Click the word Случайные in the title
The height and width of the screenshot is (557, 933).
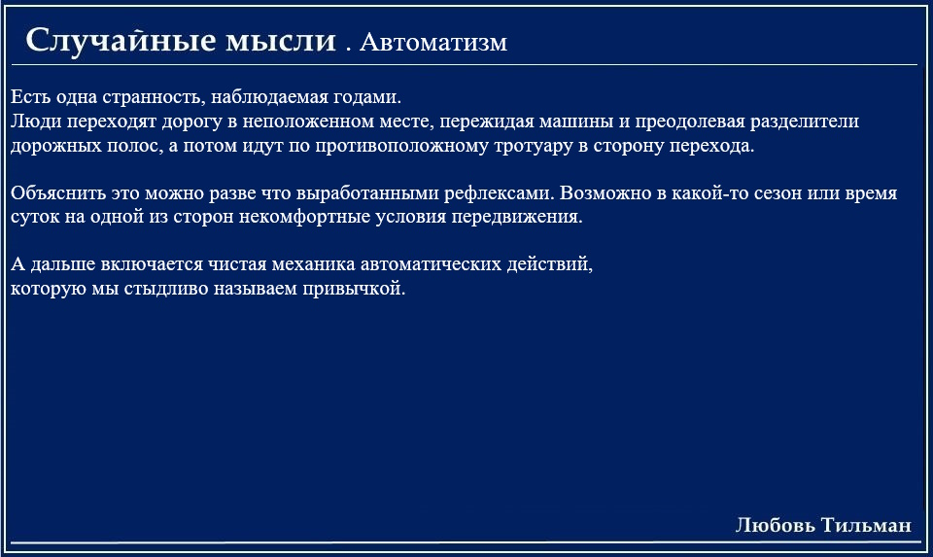[121, 41]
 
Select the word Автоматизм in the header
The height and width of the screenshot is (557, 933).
[433, 42]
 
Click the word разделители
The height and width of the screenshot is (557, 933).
[804, 122]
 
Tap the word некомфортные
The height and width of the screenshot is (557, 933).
[304, 217]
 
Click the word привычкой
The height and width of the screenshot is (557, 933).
[354, 289]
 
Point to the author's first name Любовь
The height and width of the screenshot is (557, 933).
[776, 525]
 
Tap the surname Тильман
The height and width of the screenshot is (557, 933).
[866, 525]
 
